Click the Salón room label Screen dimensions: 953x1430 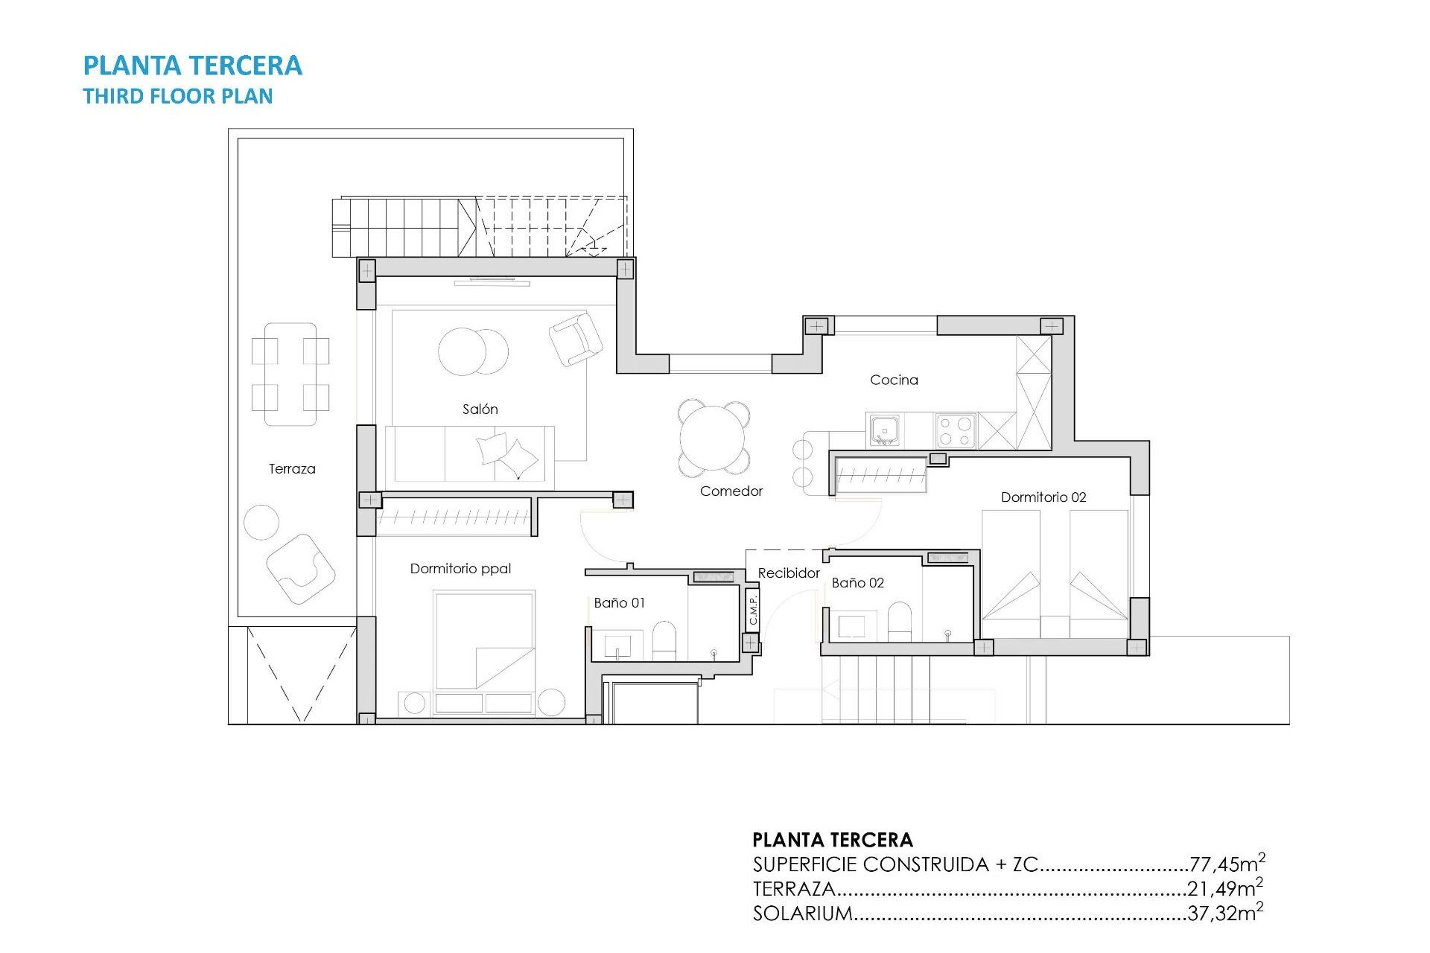pos(480,409)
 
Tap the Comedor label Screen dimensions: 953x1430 pos(731,491)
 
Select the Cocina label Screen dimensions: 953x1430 pos(894,380)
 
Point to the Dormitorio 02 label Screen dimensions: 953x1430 pos(1043,497)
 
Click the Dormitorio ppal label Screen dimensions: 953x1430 pos(460,569)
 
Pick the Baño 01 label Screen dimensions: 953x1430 pos(619,603)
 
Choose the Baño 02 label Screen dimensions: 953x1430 pos(857,583)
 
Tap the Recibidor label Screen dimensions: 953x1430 pos(788,573)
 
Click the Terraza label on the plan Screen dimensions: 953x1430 pos(292,469)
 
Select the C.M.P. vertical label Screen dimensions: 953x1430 pos(753,610)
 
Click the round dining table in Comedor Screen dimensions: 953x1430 pos(714,438)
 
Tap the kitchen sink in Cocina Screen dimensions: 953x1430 pos(884,430)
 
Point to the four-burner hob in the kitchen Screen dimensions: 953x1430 pos(956,431)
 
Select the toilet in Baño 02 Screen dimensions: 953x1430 pos(900,621)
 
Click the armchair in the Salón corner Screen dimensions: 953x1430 pos(575,339)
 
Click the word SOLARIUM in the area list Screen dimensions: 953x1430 pos(802,914)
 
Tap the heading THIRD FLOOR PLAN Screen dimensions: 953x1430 pos(178,97)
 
